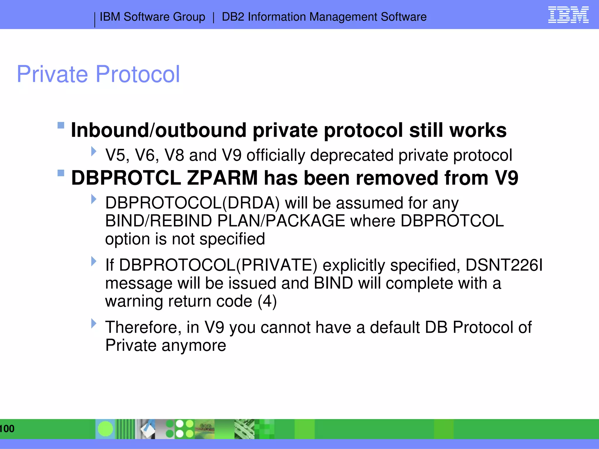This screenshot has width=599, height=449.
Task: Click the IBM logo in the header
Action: pyautogui.click(x=568, y=15)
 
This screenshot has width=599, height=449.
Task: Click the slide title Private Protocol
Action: pyautogui.click(x=98, y=74)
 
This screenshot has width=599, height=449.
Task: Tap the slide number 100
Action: pyautogui.click(x=7, y=429)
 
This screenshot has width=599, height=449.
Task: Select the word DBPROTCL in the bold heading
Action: pyautogui.click(x=126, y=178)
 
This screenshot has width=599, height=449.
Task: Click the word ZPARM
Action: pyautogui.click(x=222, y=178)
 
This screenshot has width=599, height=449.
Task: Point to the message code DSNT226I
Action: pyautogui.click(x=504, y=265)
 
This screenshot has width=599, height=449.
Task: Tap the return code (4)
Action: pyautogui.click(x=267, y=301)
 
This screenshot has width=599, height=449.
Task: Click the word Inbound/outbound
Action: pyautogui.click(x=159, y=130)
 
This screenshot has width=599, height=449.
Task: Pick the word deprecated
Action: pyautogui.click(x=352, y=155)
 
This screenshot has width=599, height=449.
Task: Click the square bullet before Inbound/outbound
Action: pyautogui.click(x=61, y=125)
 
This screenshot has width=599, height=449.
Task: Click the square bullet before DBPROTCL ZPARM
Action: pyautogui.click(x=61, y=173)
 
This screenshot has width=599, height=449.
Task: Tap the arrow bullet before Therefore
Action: pyautogui.click(x=94, y=323)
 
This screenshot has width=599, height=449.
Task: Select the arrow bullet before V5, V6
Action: pyautogui.click(x=94, y=151)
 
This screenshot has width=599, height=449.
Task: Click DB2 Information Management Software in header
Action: pyautogui.click(x=324, y=17)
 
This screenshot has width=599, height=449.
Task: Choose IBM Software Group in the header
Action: pyautogui.click(x=152, y=17)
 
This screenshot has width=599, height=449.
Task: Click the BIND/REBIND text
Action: pyautogui.click(x=159, y=221)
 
